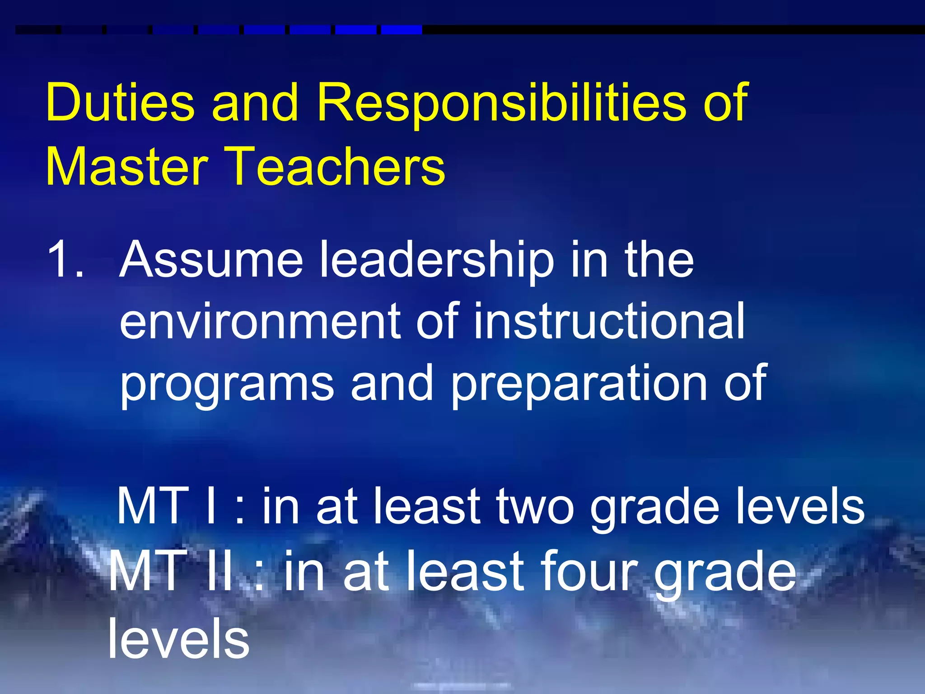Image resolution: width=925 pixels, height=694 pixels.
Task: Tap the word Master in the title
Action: click(x=126, y=166)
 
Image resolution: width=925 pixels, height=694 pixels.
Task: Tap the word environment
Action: click(x=260, y=322)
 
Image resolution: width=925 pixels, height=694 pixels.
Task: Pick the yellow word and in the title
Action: click(x=255, y=103)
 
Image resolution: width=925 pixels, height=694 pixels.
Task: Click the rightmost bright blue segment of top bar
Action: click(x=402, y=30)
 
